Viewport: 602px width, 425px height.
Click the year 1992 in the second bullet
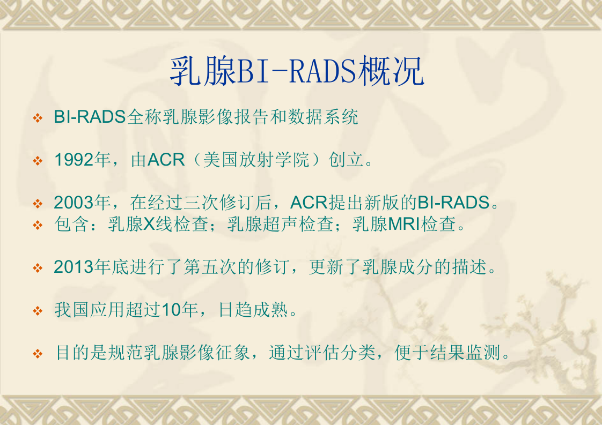coord(74,160)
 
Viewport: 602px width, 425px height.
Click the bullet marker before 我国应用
coord(38,310)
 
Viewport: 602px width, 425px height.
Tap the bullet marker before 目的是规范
coord(38,354)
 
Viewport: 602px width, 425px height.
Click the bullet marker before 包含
coord(38,225)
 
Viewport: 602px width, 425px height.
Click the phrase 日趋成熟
coord(254,310)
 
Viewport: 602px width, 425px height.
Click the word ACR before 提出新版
coord(309,203)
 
